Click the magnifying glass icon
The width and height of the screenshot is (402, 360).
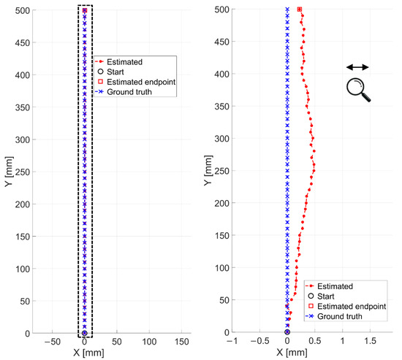click(x=357, y=89)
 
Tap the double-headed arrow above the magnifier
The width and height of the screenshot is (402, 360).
click(x=357, y=67)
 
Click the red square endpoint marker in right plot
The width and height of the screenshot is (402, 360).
click(x=300, y=9)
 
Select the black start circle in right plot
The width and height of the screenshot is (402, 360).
click(x=287, y=332)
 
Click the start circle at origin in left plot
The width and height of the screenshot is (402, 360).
click(x=85, y=332)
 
